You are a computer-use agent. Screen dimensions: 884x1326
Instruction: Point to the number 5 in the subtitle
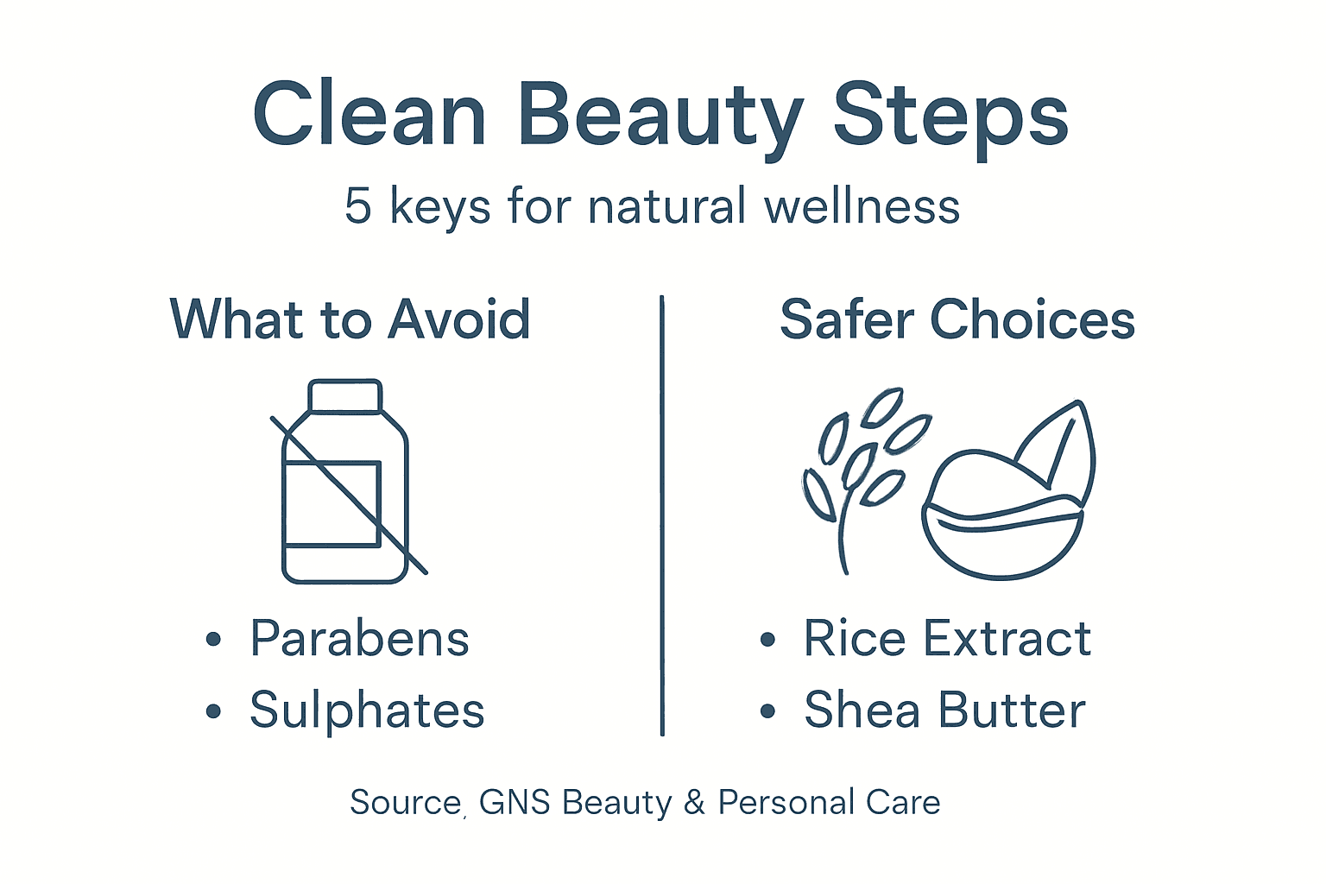click(x=357, y=207)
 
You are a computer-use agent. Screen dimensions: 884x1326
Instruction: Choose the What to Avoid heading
click(x=350, y=319)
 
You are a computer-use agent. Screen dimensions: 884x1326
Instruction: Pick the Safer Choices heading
click(x=957, y=319)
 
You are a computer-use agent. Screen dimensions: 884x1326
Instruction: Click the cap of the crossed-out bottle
click(x=344, y=396)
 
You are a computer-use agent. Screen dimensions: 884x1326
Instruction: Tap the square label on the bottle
click(x=332, y=504)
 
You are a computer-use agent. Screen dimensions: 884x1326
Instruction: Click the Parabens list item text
click(x=359, y=639)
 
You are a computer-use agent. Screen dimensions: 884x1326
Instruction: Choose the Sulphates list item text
click(x=367, y=710)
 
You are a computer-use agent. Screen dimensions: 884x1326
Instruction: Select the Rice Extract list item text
click(x=947, y=639)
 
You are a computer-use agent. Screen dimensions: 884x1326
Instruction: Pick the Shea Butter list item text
click(x=944, y=710)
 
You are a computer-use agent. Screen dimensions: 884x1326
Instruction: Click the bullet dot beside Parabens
click(x=214, y=641)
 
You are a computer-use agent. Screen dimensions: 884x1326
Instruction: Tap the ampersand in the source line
click(x=694, y=803)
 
